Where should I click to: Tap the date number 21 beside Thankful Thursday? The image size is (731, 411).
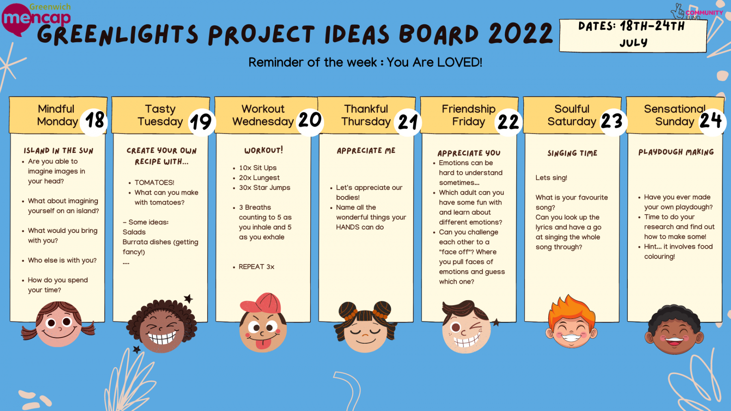click(408, 122)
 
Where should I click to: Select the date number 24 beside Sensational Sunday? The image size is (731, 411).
click(711, 121)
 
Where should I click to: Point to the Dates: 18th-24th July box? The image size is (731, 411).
click(633, 35)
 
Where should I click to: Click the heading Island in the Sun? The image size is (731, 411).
click(58, 151)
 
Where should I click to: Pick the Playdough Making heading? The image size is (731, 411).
click(676, 152)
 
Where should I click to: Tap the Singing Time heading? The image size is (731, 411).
click(572, 153)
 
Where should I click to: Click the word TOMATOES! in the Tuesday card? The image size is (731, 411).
click(154, 183)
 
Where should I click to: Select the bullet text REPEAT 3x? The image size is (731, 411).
click(256, 267)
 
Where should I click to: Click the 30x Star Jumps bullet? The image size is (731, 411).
click(264, 187)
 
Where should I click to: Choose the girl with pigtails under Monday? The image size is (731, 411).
click(58, 324)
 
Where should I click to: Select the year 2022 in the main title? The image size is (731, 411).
click(521, 33)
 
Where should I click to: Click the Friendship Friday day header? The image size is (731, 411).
click(469, 115)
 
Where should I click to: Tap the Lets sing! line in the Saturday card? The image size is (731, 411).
click(551, 178)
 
